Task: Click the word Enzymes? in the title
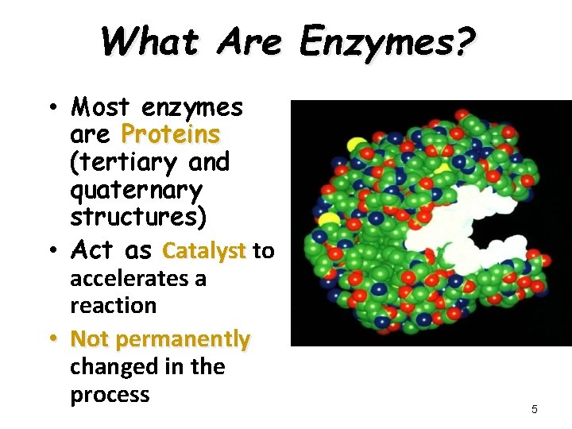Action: (x=387, y=41)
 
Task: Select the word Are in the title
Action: (x=248, y=41)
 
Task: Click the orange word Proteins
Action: (x=169, y=133)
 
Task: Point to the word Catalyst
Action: (x=203, y=251)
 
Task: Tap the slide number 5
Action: (x=534, y=409)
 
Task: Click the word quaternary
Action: (x=136, y=191)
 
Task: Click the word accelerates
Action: (x=138, y=279)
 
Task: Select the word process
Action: (x=110, y=395)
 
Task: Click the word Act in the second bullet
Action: (x=94, y=251)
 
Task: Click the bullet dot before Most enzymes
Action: (x=50, y=106)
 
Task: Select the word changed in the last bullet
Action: (x=109, y=367)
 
